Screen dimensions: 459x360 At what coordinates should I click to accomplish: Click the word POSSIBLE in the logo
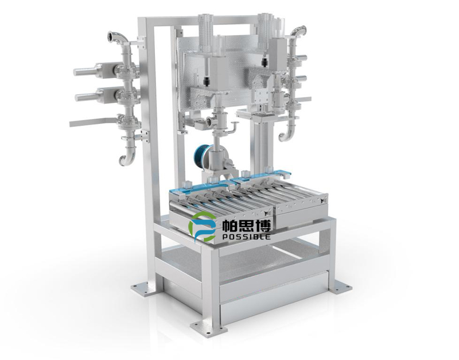click(246, 236)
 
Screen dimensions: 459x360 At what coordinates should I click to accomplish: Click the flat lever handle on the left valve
click(93, 121)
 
